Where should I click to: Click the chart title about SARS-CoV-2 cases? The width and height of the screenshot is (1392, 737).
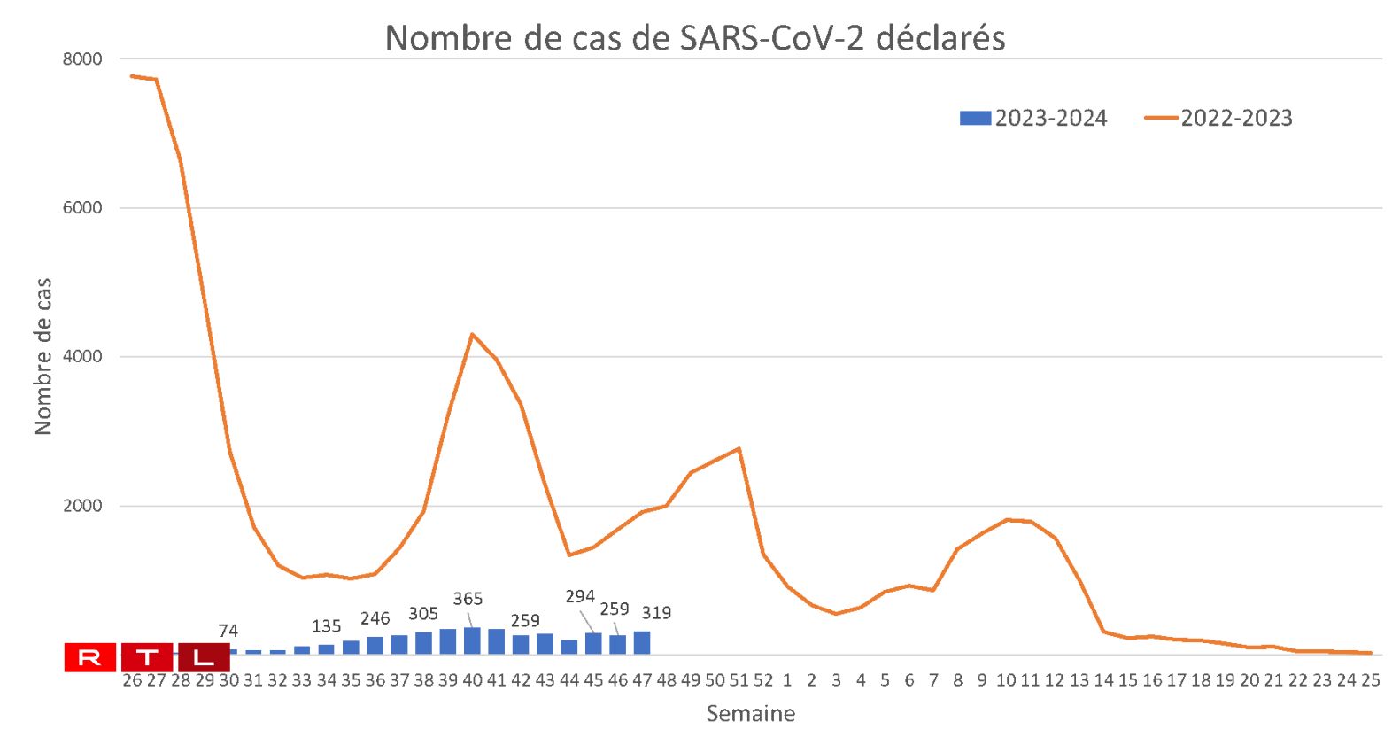tap(695, 38)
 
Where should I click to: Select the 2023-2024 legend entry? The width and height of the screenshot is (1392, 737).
tap(1033, 118)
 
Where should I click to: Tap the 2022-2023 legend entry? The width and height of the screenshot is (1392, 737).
tap(1218, 118)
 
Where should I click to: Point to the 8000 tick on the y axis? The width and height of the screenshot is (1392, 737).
tap(82, 59)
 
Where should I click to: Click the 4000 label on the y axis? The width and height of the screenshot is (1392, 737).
tap(82, 357)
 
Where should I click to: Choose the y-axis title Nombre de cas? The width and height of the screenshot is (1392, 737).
tap(43, 356)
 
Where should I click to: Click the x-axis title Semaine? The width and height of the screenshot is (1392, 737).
tap(750, 713)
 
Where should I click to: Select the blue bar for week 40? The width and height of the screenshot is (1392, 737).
tap(472, 640)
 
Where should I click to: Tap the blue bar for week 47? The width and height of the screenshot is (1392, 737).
tap(642, 642)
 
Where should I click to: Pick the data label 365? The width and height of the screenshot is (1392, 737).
tap(468, 599)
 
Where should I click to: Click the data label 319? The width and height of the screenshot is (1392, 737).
tap(656, 612)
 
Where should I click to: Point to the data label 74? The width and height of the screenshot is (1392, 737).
tap(228, 631)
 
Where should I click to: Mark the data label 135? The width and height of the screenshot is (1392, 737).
tap(326, 626)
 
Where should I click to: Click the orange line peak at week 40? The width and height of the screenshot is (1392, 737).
tap(472, 334)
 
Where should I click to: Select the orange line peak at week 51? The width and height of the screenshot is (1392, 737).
tap(739, 449)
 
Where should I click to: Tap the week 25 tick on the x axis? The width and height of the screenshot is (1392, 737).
tap(1370, 680)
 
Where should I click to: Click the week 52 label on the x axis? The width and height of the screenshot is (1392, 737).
tap(763, 680)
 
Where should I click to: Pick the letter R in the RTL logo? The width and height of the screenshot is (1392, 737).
tap(90, 657)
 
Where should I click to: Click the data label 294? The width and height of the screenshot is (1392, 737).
tap(580, 596)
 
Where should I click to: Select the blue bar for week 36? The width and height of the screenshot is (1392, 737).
tap(375, 645)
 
